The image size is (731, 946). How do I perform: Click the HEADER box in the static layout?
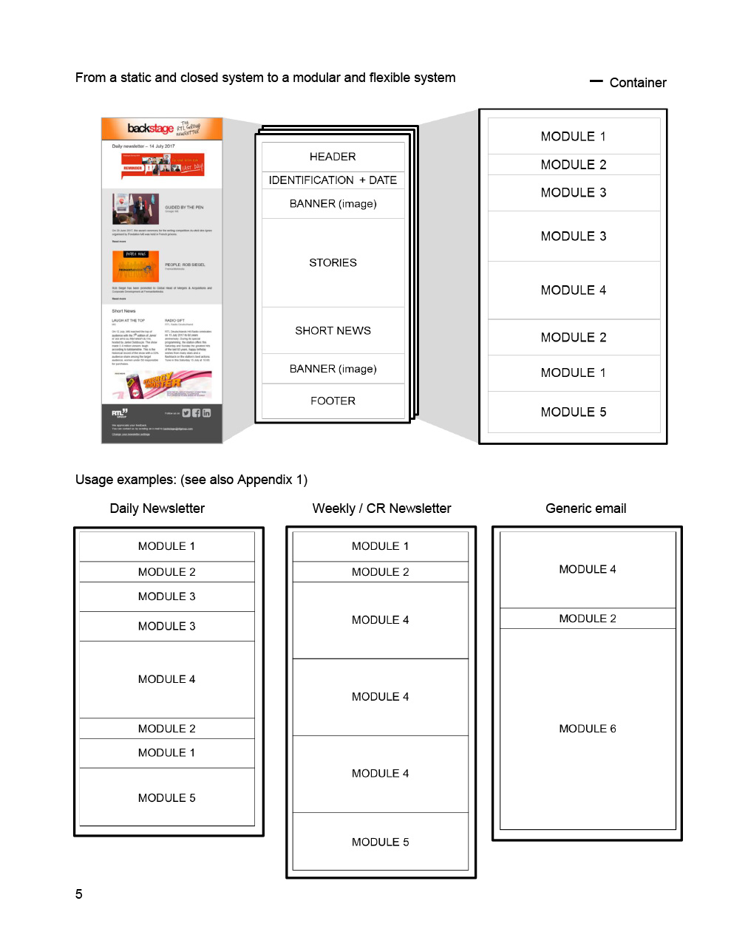tap(333, 157)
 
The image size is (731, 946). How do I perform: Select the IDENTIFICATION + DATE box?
tap(333, 180)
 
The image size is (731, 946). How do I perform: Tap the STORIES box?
tap(333, 263)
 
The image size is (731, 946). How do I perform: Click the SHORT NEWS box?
tap(333, 331)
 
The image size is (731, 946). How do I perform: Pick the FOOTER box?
tap(333, 401)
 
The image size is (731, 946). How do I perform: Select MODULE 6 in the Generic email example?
tap(588, 729)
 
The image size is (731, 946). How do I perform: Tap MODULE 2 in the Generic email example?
tap(588, 619)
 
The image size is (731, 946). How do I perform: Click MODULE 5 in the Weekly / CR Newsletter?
tap(381, 843)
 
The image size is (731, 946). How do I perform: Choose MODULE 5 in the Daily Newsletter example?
tap(167, 798)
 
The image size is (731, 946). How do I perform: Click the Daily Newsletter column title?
tap(157, 508)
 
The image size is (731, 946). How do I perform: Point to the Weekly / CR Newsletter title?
tap(381, 508)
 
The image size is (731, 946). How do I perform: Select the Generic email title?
tap(586, 508)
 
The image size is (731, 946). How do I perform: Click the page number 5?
tap(79, 894)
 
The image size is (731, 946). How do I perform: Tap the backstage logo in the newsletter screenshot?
tap(150, 129)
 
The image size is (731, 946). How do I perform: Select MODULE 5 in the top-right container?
tap(574, 412)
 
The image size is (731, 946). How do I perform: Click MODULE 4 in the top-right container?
tap(574, 290)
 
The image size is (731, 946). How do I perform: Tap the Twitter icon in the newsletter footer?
tap(186, 413)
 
